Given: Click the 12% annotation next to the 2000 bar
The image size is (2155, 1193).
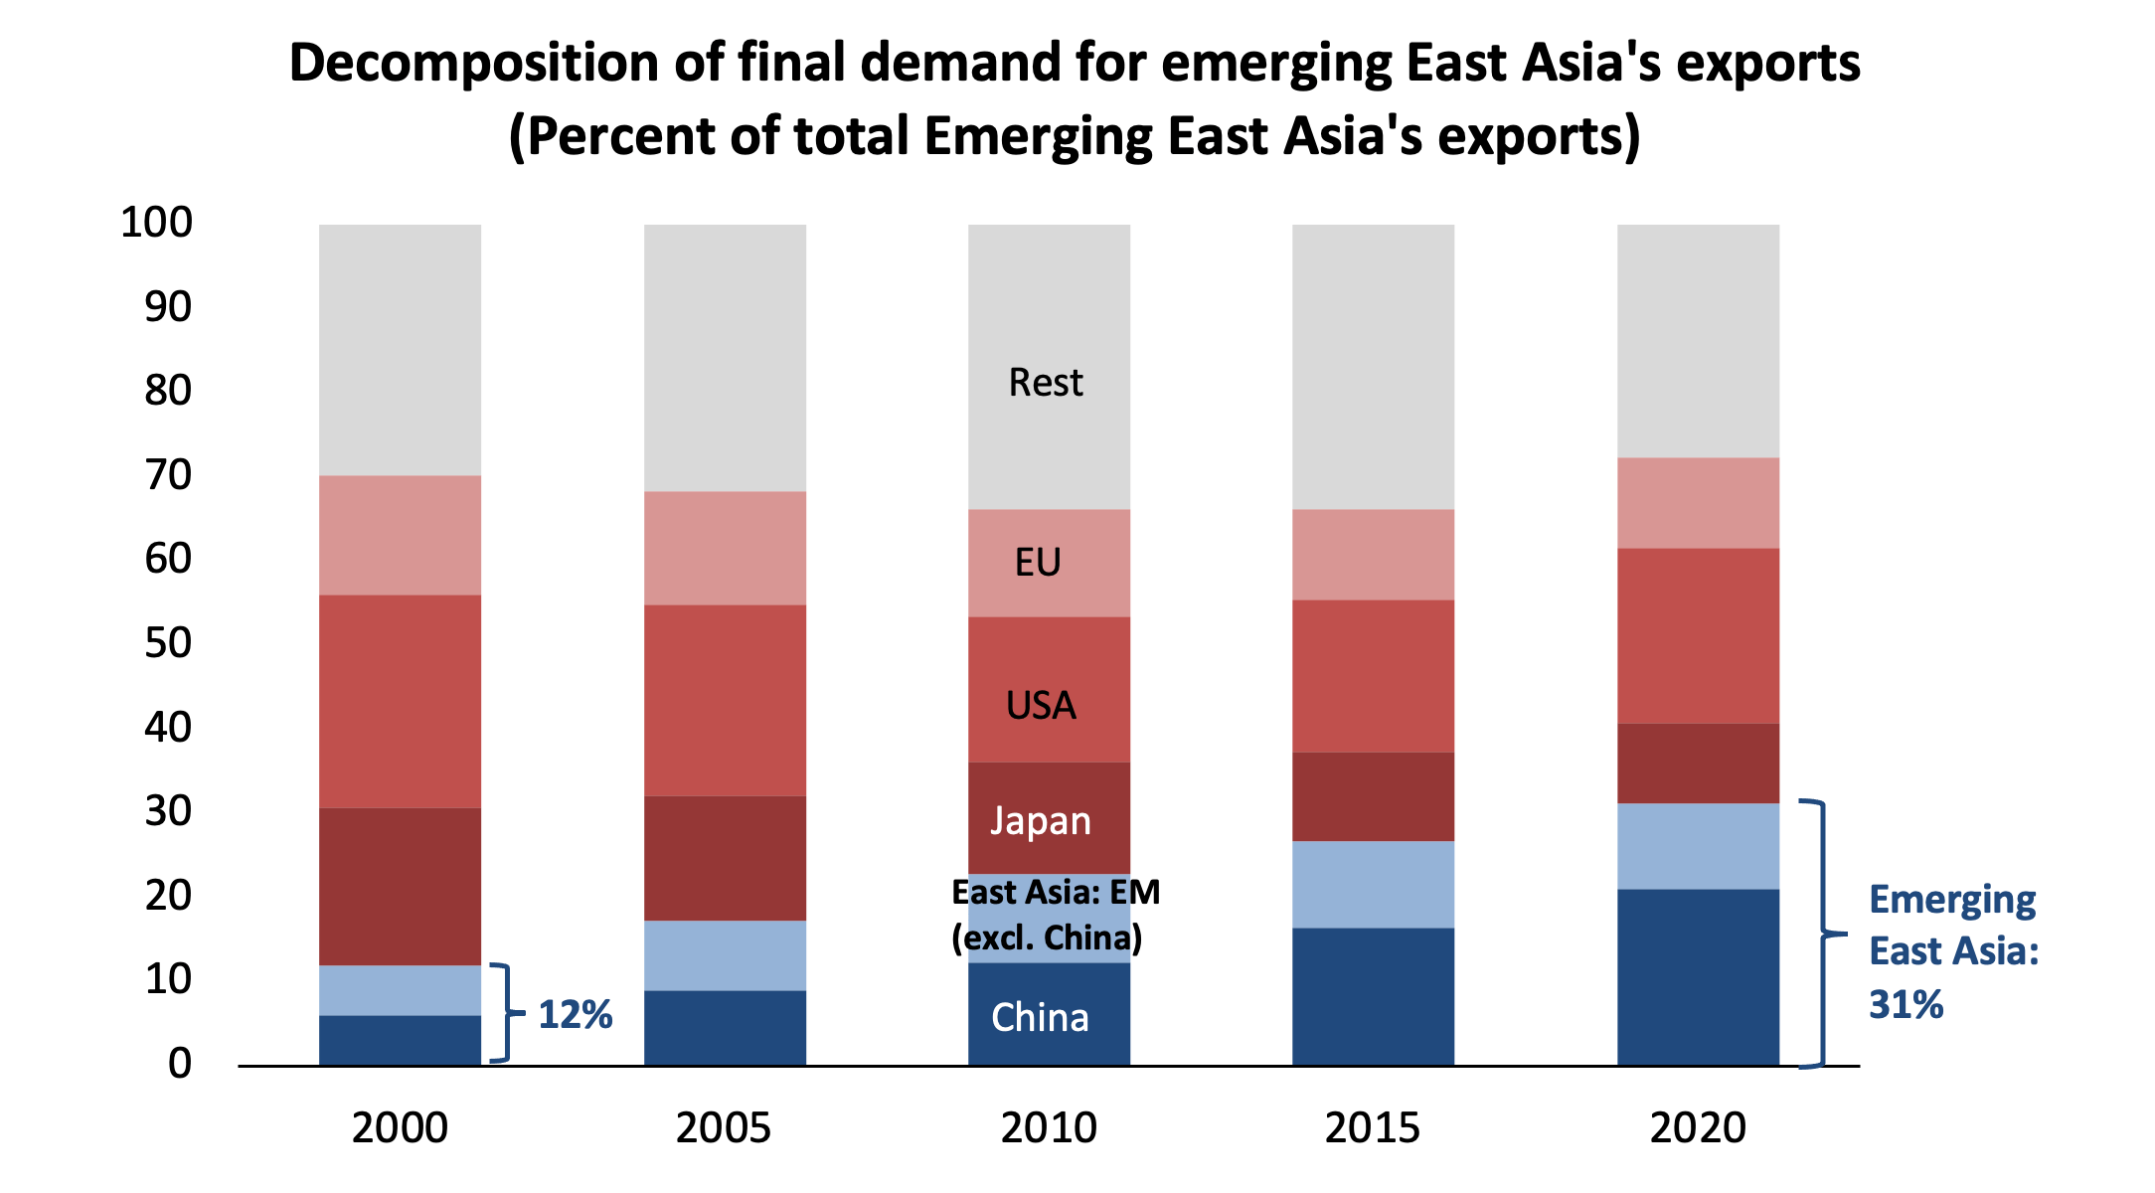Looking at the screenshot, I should (x=575, y=1015).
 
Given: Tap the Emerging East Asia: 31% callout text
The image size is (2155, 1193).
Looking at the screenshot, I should (x=1952, y=951).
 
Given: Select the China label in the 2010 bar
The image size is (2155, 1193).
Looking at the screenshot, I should (x=1040, y=1018).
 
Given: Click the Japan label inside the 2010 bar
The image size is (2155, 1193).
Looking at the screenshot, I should (x=1040, y=821).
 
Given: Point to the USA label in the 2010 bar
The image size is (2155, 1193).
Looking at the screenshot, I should (x=1040, y=706).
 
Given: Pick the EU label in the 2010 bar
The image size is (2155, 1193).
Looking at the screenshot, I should (x=1038, y=563).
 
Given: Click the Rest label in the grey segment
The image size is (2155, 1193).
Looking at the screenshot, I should (x=1045, y=383).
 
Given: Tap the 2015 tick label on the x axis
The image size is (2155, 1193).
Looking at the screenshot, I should (x=1372, y=1128).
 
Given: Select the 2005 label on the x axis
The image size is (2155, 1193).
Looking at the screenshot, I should (x=723, y=1128).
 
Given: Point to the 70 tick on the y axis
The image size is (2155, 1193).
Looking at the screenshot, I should (x=167, y=475).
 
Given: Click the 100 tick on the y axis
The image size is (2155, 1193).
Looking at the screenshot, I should (x=156, y=222).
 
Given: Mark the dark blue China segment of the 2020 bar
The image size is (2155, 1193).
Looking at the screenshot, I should (x=1697, y=977).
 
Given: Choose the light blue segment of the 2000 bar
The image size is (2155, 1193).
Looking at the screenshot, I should (x=400, y=990).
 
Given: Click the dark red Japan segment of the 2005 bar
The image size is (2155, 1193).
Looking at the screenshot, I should (x=725, y=858).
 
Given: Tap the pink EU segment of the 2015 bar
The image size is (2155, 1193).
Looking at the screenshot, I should (x=1373, y=555).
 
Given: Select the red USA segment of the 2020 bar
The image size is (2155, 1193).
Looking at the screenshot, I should (x=1697, y=635).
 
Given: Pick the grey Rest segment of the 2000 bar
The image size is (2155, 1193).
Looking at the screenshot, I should (x=400, y=350).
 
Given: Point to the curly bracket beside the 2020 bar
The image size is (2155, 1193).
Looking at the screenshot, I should (x=1823, y=934).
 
